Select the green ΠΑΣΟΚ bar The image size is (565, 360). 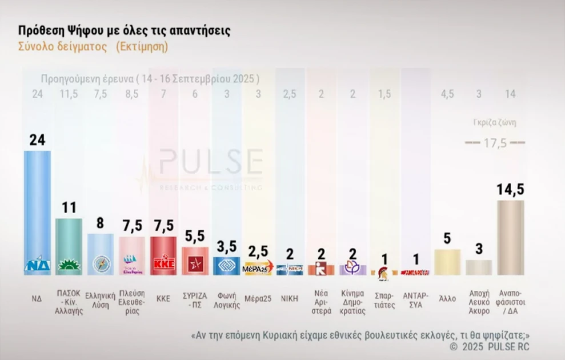pyautogui.click(x=69, y=246)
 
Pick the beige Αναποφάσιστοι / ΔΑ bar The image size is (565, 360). pyautogui.click(x=510, y=237)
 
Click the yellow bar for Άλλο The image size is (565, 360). pyautogui.click(x=447, y=262)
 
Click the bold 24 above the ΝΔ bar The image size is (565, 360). pyautogui.click(x=37, y=140)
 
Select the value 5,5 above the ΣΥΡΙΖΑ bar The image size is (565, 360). pyautogui.click(x=195, y=236)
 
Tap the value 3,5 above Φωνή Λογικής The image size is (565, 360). pyautogui.click(x=226, y=247)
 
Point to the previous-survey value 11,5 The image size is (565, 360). pyautogui.click(x=69, y=94)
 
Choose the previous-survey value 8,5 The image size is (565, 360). pyautogui.click(x=132, y=94)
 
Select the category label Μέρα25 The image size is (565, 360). pyautogui.click(x=258, y=298)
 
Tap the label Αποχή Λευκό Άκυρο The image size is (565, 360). pyautogui.click(x=479, y=301)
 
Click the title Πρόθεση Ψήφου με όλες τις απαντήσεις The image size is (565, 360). pyautogui.click(x=125, y=30)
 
